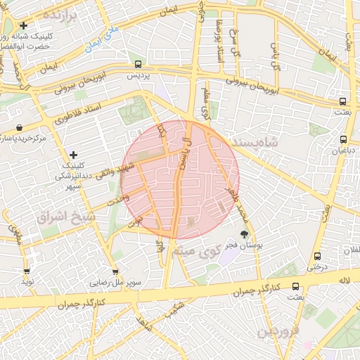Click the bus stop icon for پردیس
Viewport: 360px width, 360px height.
coord(138,63)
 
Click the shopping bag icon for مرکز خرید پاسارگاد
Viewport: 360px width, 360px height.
coord(18,128)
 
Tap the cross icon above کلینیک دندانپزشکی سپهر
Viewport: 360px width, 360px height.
coord(73,154)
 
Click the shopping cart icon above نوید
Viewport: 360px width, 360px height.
coord(27,270)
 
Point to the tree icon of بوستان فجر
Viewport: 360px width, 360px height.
coord(244,235)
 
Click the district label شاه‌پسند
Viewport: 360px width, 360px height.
coord(274,142)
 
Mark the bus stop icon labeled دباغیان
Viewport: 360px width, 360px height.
coord(343,139)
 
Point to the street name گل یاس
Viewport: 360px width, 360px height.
coord(276,56)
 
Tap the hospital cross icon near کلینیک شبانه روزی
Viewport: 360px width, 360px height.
coord(24,25)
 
